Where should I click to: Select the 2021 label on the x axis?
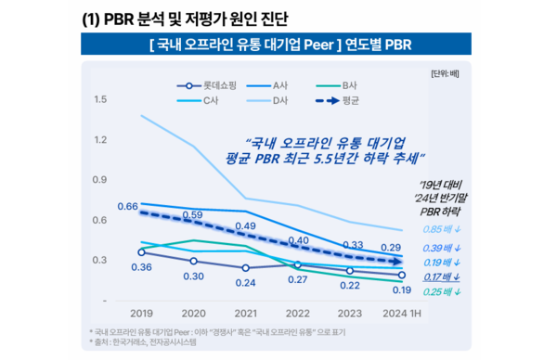click(x=246, y=314)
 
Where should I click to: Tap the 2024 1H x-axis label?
click(x=403, y=314)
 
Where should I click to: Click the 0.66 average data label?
click(x=128, y=205)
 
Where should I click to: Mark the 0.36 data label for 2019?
click(x=141, y=267)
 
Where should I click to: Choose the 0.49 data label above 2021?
click(x=246, y=225)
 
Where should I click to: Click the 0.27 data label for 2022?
click(x=298, y=278)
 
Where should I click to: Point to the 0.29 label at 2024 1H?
click(x=403, y=246)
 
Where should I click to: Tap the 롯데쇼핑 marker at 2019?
click(x=141, y=251)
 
